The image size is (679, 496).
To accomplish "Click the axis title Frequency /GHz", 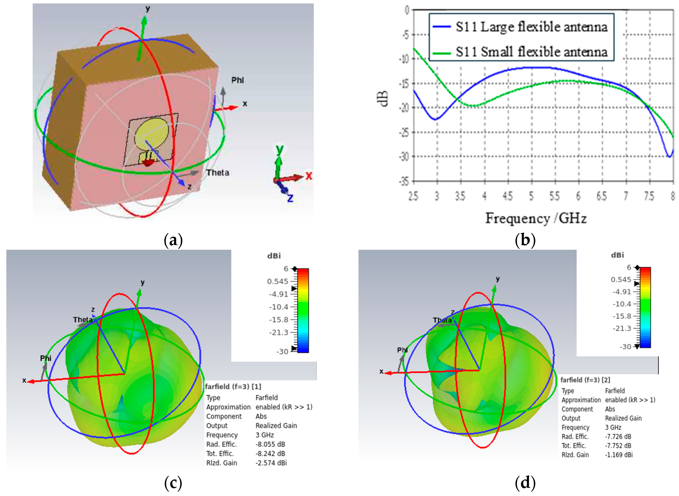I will [x=536, y=218].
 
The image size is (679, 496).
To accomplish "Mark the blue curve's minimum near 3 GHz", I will [x=435, y=119].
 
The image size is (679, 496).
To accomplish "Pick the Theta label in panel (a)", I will [x=218, y=173].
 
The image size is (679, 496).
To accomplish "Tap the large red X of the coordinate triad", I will [x=309, y=176].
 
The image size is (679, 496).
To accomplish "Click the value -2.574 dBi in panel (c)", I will [x=271, y=463].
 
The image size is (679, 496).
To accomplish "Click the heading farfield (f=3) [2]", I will [x=585, y=380].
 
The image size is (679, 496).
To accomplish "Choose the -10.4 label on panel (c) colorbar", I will [x=279, y=307].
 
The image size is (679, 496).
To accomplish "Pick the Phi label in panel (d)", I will [x=402, y=350].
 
